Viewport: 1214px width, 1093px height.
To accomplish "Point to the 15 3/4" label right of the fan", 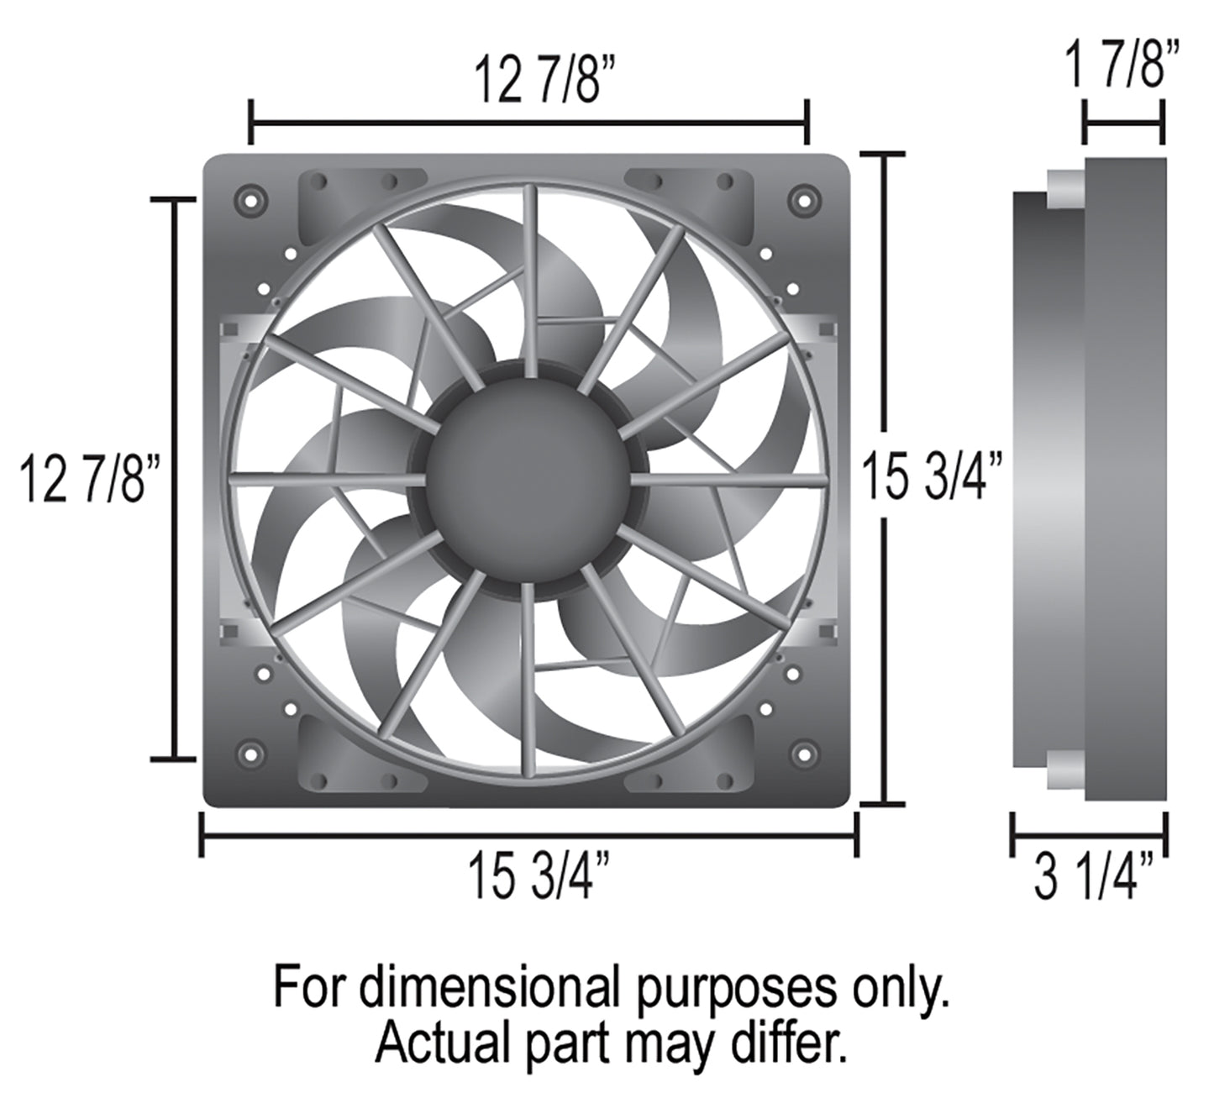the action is tap(933, 478).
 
